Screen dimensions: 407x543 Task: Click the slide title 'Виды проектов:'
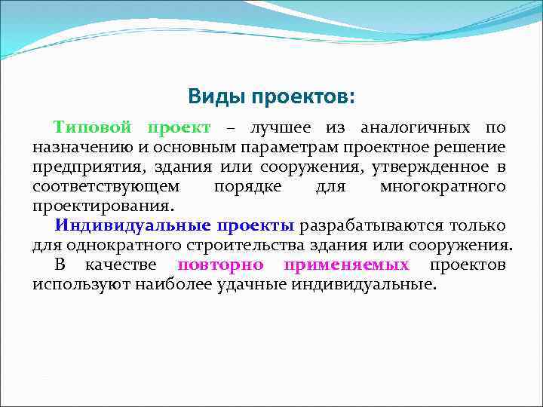tap(271, 96)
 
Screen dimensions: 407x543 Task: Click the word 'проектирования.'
tap(103, 205)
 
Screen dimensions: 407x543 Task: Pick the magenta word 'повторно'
tap(220, 265)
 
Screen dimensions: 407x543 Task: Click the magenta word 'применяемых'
tap(346, 265)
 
